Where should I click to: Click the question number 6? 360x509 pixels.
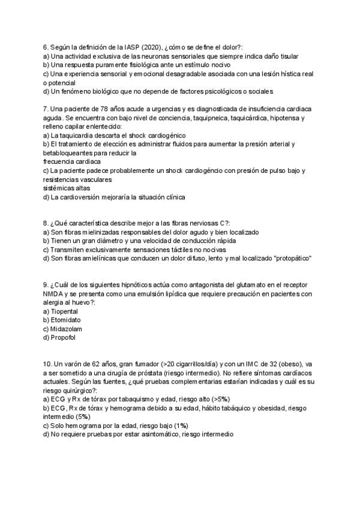click(46, 47)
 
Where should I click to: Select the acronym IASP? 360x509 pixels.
click(116, 47)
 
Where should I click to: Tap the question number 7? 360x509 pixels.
click(46, 109)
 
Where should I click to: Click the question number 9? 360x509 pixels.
click(46, 285)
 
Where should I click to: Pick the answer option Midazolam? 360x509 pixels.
click(67, 329)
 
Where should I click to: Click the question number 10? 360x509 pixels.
click(48, 364)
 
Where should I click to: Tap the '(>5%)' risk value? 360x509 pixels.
click(218, 399)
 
